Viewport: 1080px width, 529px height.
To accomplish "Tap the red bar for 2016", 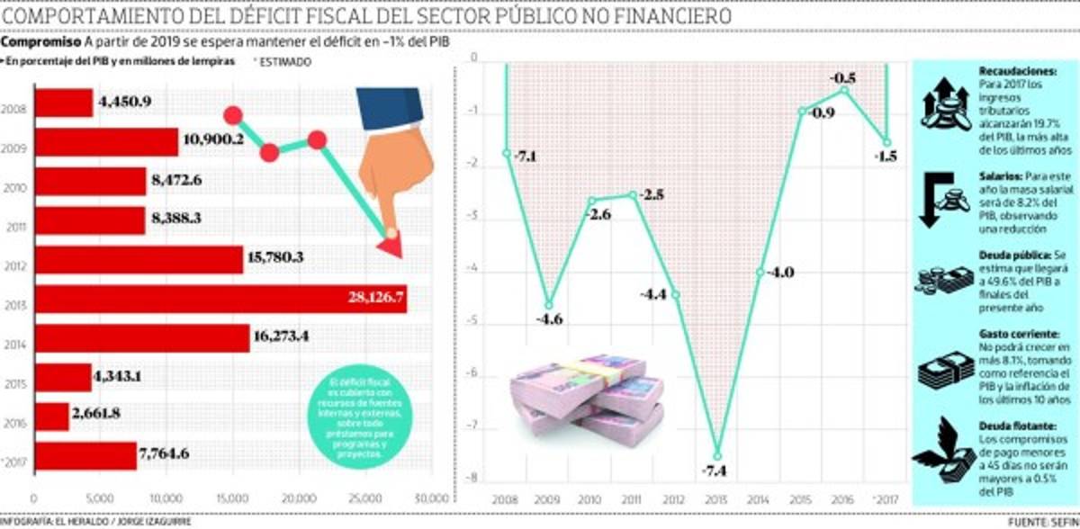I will [51, 416].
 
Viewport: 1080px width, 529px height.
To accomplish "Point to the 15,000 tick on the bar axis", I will [232, 498].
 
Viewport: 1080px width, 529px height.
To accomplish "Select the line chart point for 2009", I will [549, 305].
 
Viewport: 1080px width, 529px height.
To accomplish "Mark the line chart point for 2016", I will [845, 89].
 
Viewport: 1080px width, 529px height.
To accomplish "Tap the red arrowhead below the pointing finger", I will [389, 243].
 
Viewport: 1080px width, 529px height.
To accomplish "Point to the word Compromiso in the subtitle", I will [41, 42].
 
